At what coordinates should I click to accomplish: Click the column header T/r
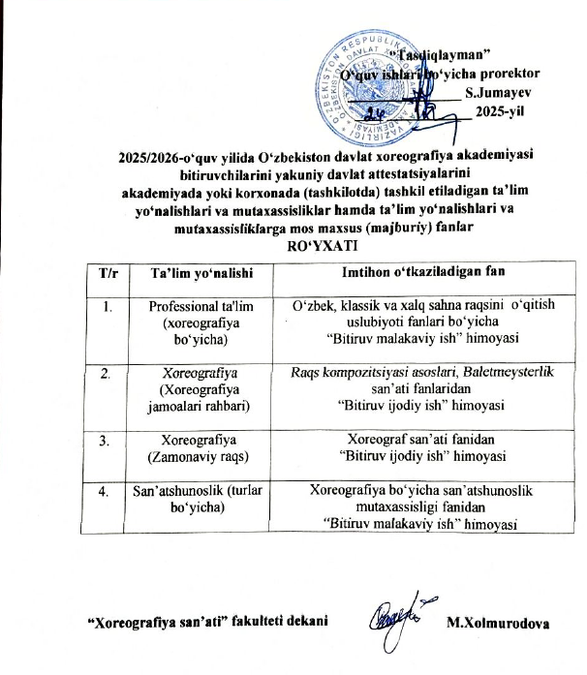click(x=110, y=273)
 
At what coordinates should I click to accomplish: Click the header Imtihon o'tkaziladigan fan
click(x=411, y=273)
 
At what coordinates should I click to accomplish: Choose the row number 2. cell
click(x=110, y=373)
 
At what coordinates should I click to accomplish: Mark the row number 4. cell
click(x=110, y=491)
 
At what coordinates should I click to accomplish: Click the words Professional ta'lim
click(x=196, y=306)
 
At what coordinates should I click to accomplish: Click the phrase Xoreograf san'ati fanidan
click(x=411, y=438)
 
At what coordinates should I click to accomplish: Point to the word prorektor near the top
click(x=505, y=73)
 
